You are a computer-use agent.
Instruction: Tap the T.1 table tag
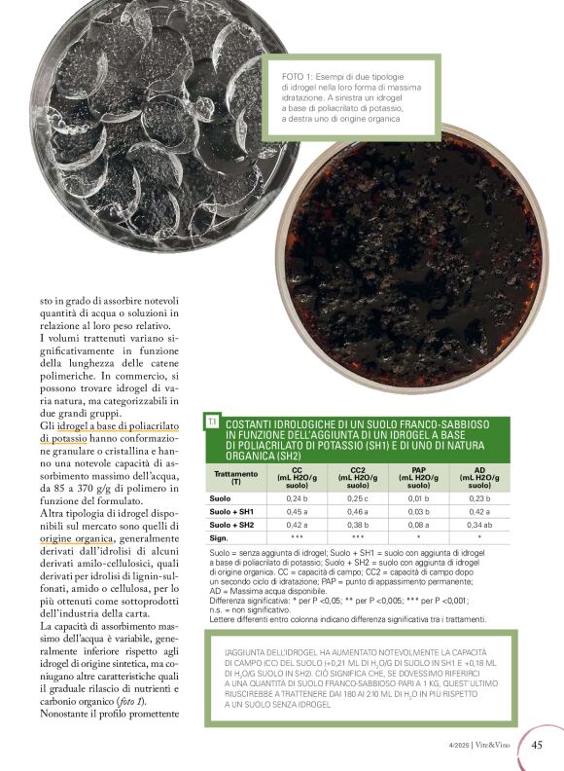click(x=212, y=422)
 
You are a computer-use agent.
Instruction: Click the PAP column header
click(x=419, y=477)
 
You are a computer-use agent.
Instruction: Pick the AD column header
click(x=478, y=477)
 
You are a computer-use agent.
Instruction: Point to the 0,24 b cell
click(x=298, y=498)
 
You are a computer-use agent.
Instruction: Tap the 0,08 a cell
click(x=419, y=524)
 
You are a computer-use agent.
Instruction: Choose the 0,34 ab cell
click(x=478, y=524)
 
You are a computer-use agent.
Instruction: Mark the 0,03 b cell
click(x=419, y=511)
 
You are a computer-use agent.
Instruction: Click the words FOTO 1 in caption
click(x=298, y=75)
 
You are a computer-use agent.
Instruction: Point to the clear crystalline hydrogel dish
click(x=136, y=127)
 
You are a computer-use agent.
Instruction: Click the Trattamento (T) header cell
click(x=235, y=477)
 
